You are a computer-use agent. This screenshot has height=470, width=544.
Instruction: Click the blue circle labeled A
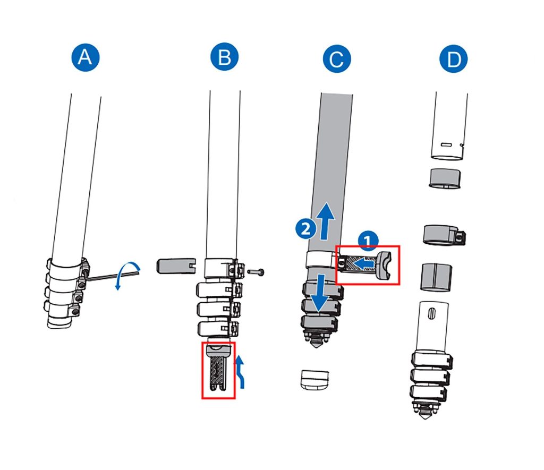[x=85, y=58]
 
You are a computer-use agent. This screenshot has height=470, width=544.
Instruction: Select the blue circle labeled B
[x=224, y=58]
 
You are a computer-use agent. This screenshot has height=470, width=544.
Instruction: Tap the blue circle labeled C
[x=336, y=59]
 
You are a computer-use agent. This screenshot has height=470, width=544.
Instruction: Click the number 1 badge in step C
[x=367, y=241]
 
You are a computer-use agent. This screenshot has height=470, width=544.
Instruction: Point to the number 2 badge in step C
[x=303, y=229]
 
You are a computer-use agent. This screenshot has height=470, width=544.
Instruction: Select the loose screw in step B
[x=256, y=272]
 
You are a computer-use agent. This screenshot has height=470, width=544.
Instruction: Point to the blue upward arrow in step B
[x=241, y=372]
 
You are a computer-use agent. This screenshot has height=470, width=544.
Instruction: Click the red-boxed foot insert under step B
[x=218, y=370]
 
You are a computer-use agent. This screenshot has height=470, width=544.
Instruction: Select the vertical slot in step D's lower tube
[x=431, y=313]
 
